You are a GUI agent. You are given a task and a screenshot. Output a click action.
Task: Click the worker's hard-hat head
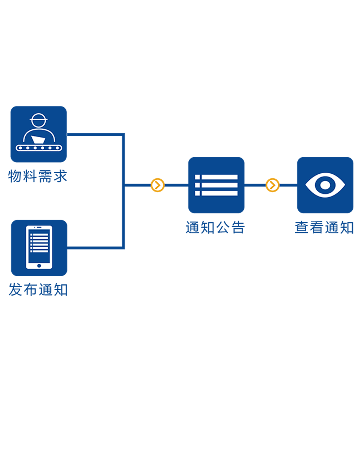tap(38, 120)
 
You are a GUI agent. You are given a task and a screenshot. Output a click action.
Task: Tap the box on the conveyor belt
tap(38, 140)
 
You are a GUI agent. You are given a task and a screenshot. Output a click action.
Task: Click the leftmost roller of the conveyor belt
tap(20, 148)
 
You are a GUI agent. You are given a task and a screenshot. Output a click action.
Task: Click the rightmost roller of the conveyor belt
tap(57, 148)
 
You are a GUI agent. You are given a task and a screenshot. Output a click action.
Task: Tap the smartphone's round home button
tap(39, 266)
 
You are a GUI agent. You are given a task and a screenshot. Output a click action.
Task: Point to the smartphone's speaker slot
tap(39, 227)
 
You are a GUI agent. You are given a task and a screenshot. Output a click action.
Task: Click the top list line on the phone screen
tap(39, 235)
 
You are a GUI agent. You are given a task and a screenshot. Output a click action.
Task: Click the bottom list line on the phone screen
tap(39, 251)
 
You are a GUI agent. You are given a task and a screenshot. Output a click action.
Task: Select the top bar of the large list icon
tap(219, 177)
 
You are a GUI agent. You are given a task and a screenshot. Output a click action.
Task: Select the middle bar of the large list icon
tap(219, 185)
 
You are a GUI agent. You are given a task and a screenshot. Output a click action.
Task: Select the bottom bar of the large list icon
tap(219, 193)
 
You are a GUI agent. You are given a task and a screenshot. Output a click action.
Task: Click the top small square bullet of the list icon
tap(197, 177)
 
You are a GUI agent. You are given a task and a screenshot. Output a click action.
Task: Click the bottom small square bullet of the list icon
tap(197, 193)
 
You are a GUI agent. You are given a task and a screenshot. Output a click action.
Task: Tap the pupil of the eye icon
tap(325, 185)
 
